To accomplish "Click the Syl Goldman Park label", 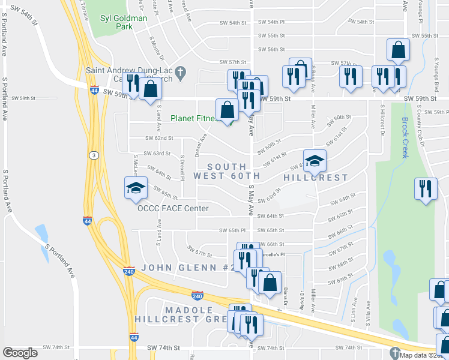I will tap(124, 23).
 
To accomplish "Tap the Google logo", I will tap(20, 353).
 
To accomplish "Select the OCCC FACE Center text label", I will tap(173, 208).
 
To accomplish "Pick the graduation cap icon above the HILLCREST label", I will tap(315, 161).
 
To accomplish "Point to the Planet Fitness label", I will tap(193, 118).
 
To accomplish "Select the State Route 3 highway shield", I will tap(94, 155).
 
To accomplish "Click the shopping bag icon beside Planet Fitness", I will tap(227, 110).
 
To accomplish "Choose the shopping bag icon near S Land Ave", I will tap(151, 90).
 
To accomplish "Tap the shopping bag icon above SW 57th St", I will tap(398, 51).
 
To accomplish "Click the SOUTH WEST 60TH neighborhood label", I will tap(227, 171).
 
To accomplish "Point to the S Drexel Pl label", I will tap(182, 167).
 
